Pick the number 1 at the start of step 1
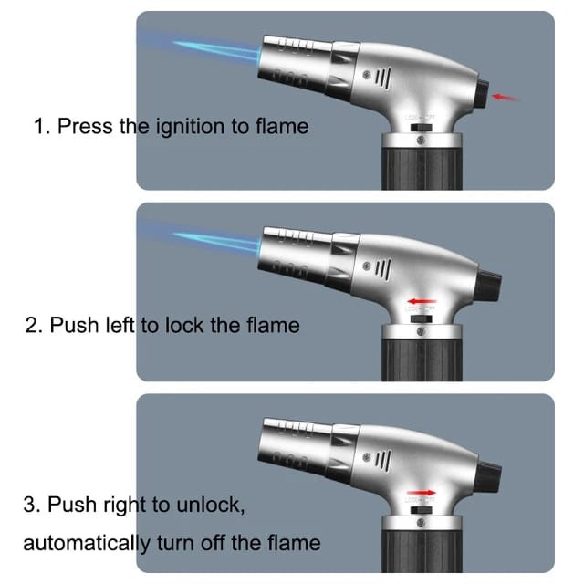tap(39, 126)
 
